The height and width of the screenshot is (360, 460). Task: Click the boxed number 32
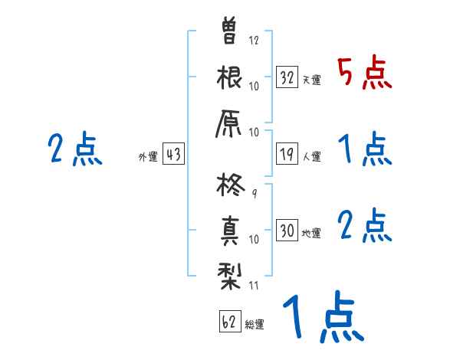pyautogui.click(x=287, y=77)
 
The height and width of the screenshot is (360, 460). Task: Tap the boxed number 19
pyautogui.click(x=287, y=154)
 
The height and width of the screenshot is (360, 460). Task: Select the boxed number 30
pyautogui.click(x=287, y=230)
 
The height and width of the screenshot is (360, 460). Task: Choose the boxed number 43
pyautogui.click(x=173, y=154)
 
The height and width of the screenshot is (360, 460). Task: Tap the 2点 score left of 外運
pyautogui.click(x=74, y=149)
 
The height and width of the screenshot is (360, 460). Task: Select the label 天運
pyautogui.click(x=312, y=80)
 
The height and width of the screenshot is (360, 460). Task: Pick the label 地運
pyautogui.click(x=312, y=233)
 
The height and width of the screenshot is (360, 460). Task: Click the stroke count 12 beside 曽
pyautogui.click(x=254, y=40)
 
